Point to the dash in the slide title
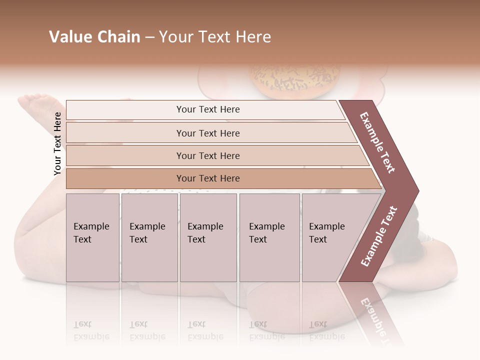pos(149,37)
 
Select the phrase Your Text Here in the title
pos(215,37)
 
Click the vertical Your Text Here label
pos(57,143)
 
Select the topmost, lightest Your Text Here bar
pos(208,109)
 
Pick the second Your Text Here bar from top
pos(208,133)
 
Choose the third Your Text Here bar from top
pos(208,155)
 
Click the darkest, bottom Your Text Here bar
pos(208,178)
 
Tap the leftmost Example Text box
pos(92,237)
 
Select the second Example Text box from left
pos(149,237)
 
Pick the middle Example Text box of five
pos(208,237)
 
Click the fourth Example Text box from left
pos(270,237)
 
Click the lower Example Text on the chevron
pos(379,236)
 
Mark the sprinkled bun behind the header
pos(295,80)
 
